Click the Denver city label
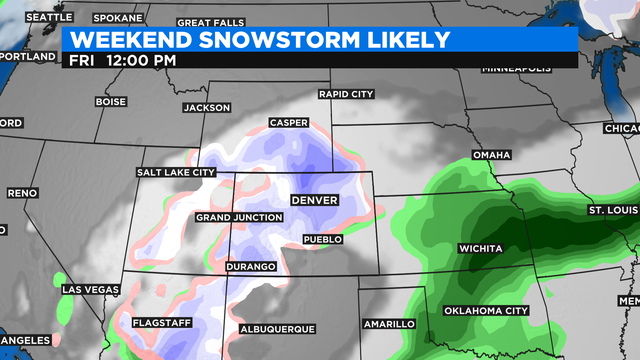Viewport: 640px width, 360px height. coord(314,201)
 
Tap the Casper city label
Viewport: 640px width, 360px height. coord(289,123)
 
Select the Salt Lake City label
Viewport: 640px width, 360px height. coord(176,173)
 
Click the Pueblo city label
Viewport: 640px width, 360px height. coord(323,240)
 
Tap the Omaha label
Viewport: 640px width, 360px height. coord(491,155)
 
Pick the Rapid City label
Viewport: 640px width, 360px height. coord(345,94)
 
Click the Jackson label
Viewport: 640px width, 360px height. coord(207,108)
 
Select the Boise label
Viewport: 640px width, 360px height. coord(110,102)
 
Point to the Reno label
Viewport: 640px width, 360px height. coord(21,193)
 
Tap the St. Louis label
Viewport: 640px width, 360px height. coord(612,211)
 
